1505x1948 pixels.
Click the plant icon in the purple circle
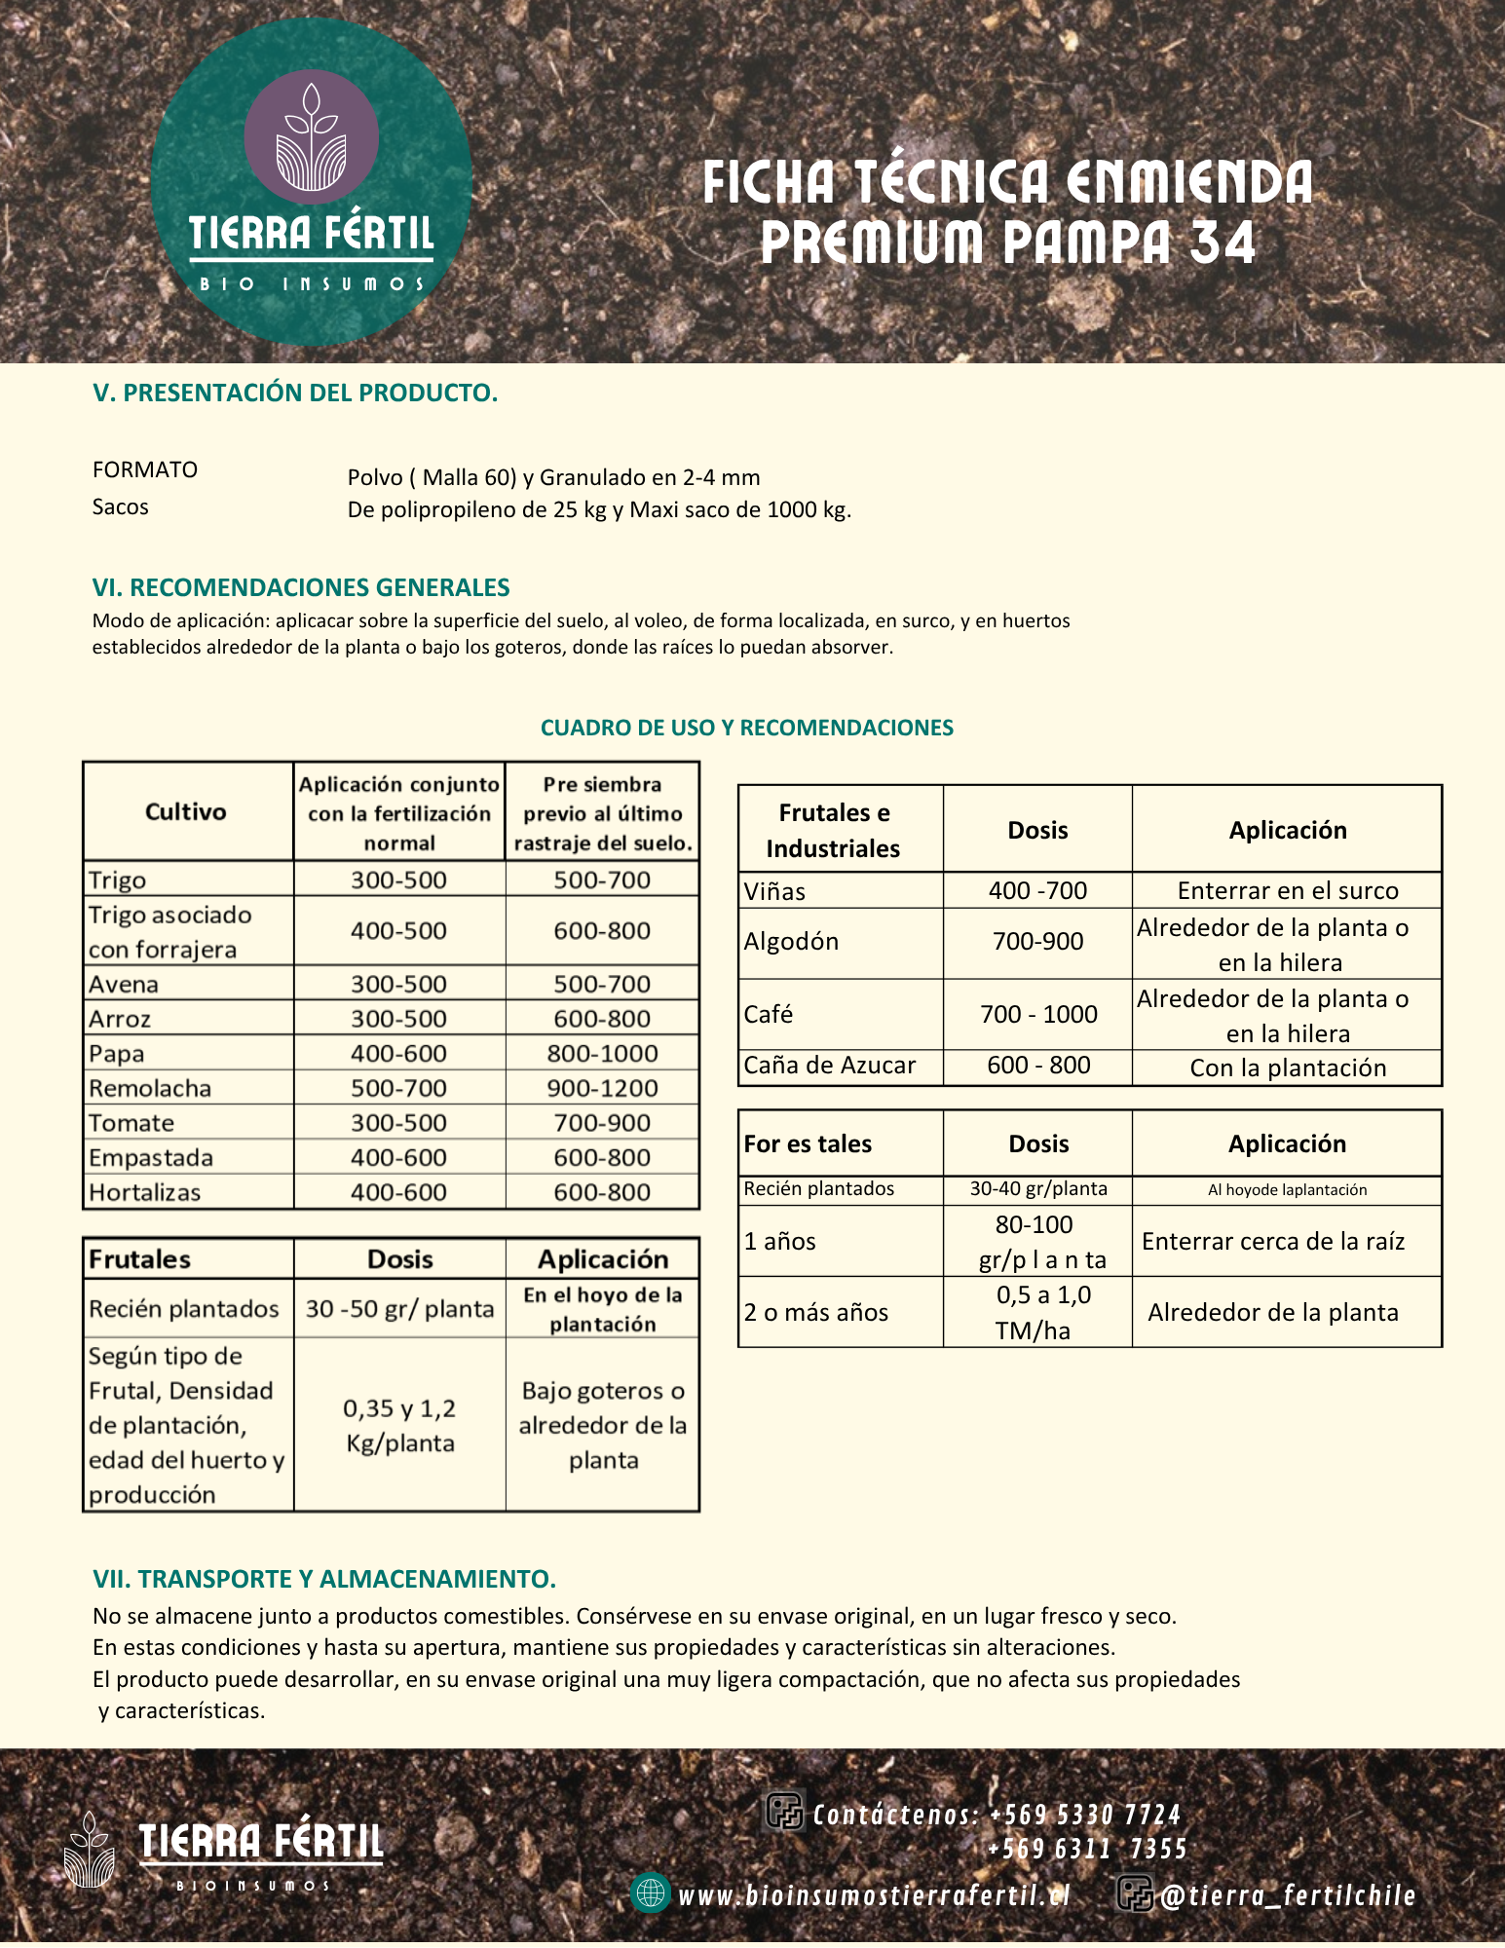[311, 137]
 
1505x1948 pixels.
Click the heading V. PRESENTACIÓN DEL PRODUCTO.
[295, 393]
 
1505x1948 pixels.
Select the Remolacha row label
[150, 1088]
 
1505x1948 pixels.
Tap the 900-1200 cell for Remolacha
[602, 1088]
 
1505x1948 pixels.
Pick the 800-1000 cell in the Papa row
[602, 1053]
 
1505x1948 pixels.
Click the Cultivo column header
[186, 811]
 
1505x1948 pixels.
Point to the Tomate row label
[132, 1123]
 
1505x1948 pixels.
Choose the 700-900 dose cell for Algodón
[1037, 942]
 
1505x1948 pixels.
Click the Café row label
[769, 1014]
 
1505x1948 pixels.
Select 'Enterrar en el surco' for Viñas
[1287, 890]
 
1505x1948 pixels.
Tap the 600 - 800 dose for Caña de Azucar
[1038, 1066]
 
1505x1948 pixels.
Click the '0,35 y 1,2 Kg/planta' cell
[399, 1425]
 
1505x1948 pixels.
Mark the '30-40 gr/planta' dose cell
[1038, 1189]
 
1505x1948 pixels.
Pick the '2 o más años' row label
[816, 1312]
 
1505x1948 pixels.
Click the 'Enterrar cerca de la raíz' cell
[1273, 1241]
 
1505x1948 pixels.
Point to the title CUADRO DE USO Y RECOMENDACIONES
[747, 728]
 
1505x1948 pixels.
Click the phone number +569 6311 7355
[1087, 1849]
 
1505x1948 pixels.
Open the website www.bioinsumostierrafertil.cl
[874, 1895]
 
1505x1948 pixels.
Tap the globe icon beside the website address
[650, 1892]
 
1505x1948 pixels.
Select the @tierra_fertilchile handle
[1287, 1895]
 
